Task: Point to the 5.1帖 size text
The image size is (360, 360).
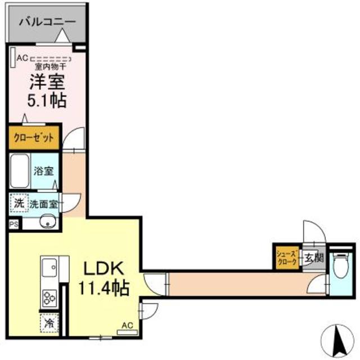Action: tap(48, 101)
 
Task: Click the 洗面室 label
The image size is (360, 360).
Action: tap(43, 204)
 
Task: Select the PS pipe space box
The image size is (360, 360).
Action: tap(13, 223)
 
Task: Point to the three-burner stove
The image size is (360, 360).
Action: tap(48, 296)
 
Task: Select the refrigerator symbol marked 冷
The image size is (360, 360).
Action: tap(48, 324)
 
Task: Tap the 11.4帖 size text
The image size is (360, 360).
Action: tap(103, 289)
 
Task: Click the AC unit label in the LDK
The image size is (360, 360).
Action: tap(127, 326)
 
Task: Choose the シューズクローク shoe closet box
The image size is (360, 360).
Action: tap(287, 258)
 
